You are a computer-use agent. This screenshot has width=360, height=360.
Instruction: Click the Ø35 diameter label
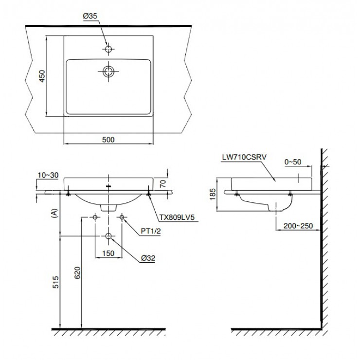(91, 16)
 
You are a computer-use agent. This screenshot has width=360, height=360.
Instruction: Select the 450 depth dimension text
(42, 76)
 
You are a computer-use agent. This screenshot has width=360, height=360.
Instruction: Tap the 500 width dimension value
(108, 140)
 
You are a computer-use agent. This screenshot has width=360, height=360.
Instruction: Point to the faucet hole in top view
(108, 49)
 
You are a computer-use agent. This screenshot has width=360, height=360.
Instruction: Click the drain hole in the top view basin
(108, 72)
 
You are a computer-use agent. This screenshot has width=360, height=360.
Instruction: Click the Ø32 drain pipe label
(146, 259)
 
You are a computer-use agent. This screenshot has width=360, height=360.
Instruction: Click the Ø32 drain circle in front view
(108, 236)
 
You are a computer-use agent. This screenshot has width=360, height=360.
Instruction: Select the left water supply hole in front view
(95, 217)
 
